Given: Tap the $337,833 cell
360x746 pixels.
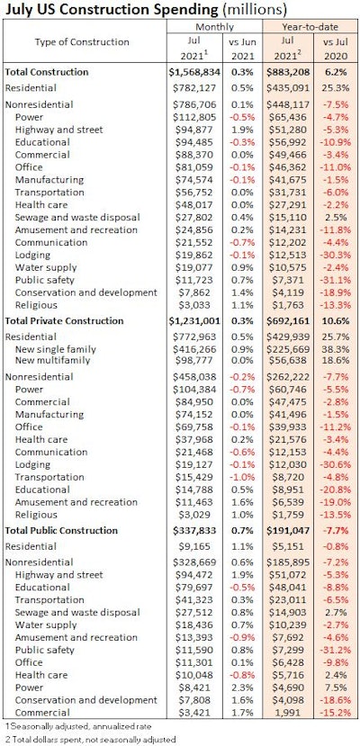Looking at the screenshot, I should pos(206,531).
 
